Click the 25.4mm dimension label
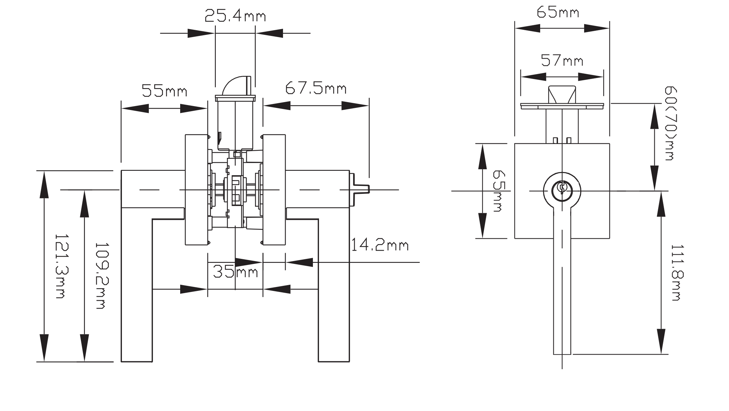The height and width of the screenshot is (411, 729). click(235, 16)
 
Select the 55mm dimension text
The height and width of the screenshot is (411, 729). click(164, 91)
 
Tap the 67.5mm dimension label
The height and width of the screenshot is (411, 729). click(316, 88)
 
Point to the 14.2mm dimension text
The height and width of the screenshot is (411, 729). click(379, 245)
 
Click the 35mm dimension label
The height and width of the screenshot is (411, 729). click(236, 271)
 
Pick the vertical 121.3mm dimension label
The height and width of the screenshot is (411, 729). click(60, 266)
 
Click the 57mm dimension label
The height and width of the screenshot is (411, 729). click(562, 60)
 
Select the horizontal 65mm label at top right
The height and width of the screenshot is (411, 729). click(558, 12)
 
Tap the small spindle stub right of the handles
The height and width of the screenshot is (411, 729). click(360, 189)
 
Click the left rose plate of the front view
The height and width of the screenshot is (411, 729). click(196, 189)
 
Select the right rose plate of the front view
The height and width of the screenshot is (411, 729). click(274, 189)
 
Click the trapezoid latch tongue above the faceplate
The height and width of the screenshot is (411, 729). click(562, 94)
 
